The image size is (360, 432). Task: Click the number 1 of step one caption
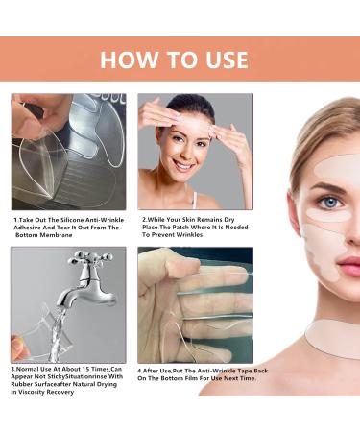click(x=15, y=219)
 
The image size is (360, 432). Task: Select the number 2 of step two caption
click(x=144, y=219)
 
